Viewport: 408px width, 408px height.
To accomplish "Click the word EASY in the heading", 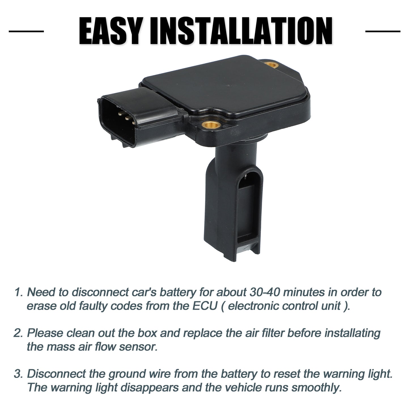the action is [x=110, y=31].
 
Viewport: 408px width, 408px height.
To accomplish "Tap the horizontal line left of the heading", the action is [x=26, y=31].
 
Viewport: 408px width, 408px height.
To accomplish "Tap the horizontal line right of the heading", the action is [x=382, y=31].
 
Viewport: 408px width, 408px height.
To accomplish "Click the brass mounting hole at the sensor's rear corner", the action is [x=271, y=65].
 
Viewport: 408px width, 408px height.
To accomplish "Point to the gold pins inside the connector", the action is [x=127, y=118].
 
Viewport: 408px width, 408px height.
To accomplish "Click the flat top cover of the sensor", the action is [x=224, y=85].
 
